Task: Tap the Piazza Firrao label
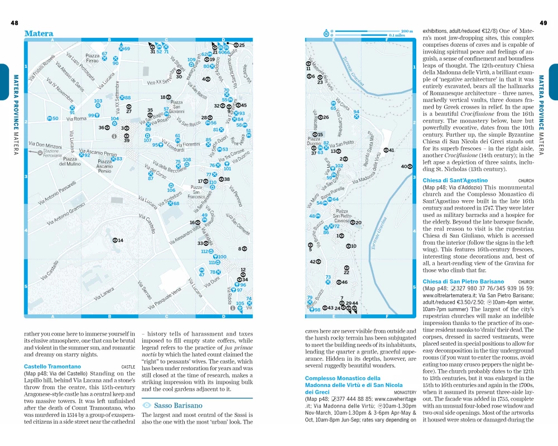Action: coord(92,58)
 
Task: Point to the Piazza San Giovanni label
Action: coord(176,106)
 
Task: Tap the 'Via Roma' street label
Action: coord(76,119)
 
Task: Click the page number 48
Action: coord(15,23)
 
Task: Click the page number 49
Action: coord(544,23)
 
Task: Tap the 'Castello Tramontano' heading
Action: coord(48,366)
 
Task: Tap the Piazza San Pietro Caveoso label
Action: coord(342,216)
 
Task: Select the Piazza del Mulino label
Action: coord(71,161)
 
